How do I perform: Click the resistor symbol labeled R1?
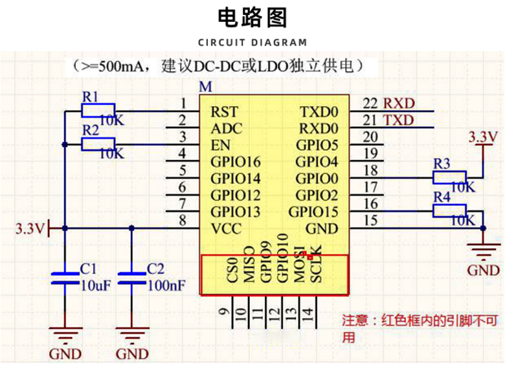[x=98, y=111]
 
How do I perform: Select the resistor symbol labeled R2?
[x=98, y=144]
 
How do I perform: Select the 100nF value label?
[x=161, y=284]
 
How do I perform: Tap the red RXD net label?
[x=399, y=104]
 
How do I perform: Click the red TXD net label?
[x=399, y=120]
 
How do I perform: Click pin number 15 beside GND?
[x=370, y=220]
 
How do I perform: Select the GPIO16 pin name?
[x=236, y=161]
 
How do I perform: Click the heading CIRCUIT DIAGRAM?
[x=252, y=43]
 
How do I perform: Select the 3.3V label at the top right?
[x=483, y=137]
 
